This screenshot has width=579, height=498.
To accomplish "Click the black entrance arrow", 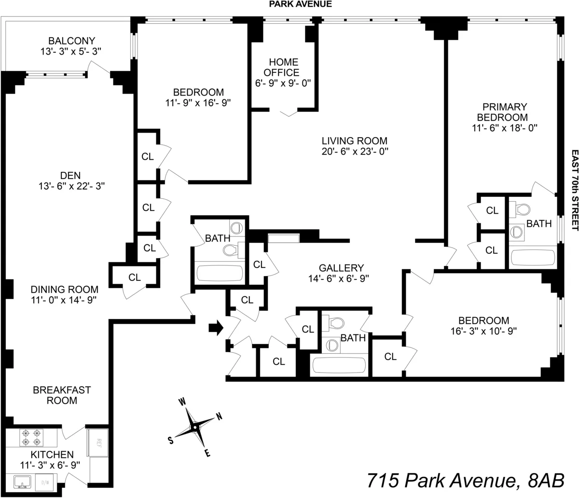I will [216, 328].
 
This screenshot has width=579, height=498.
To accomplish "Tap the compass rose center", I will [195, 427].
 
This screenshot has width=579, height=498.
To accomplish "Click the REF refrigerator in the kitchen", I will [98, 443].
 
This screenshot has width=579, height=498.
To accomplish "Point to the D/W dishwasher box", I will [45, 482].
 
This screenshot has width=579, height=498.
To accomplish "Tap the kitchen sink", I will [22, 482].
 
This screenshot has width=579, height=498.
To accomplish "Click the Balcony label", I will [71, 41].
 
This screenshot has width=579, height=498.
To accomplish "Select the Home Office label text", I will [283, 68].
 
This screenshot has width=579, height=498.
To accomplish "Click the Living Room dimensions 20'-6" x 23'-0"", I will [355, 151].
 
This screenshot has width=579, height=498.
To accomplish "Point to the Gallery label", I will [341, 268].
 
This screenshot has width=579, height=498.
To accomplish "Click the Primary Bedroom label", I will [502, 112].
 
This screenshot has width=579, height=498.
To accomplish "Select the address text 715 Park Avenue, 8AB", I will [465, 481].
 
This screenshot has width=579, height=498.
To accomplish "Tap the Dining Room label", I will [65, 290].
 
